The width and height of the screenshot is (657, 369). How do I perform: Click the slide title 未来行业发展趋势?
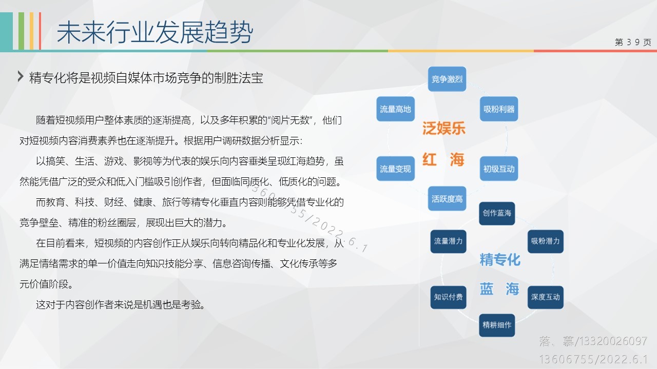pos(154,32)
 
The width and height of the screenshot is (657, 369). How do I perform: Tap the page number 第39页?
pos(633,43)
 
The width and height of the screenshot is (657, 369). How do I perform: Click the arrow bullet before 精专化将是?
pos(21,76)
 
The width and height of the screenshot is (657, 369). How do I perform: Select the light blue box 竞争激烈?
pos(447,79)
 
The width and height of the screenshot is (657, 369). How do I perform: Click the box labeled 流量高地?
pos(395,109)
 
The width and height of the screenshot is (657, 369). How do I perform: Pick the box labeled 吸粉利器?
pos(499,109)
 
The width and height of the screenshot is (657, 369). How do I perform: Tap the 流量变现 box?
pos(395,169)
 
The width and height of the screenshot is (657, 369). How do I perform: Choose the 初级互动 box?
pos(499,169)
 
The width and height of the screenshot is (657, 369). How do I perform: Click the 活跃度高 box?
pos(447,198)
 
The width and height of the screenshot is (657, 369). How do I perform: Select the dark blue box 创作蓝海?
pos(497,214)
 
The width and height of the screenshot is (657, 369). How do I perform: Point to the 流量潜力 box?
pos(448,241)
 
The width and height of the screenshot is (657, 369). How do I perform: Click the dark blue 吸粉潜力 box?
pos(546,241)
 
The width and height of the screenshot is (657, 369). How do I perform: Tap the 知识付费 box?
pos(448,297)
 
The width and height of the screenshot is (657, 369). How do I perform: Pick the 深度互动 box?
pos(546,297)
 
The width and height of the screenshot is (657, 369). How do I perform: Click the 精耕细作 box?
pos(497,325)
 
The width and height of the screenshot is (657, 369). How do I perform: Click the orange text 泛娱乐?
pos(444,128)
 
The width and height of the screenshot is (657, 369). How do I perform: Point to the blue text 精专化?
pos(500,260)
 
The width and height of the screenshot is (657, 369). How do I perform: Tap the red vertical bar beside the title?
pos(40,31)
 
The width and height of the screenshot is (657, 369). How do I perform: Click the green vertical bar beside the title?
pos(21,31)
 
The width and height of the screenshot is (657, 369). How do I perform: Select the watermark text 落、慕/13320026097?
pos(593,341)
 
